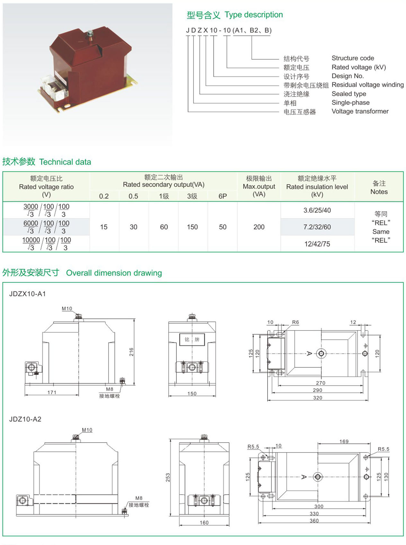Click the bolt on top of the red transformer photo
click(x=90, y=34)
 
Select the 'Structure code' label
click(x=353, y=58)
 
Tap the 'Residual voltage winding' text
click(x=367, y=85)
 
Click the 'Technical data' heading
click(x=65, y=162)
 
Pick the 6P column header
click(x=223, y=196)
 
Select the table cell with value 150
click(x=192, y=227)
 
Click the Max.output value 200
click(x=259, y=227)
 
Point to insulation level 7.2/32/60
click(x=317, y=227)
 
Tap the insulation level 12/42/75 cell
click(x=317, y=244)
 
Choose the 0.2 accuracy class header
click(x=104, y=196)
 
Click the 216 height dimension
click(x=131, y=352)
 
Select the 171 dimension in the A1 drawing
click(x=52, y=392)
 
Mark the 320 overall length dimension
click(x=318, y=398)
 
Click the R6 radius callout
click(x=296, y=322)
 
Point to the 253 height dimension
click(x=168, y=478)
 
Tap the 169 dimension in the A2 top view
click(x=344, y=441)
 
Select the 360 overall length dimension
click(x=314, y=521)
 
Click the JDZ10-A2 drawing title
click(x=25, y=419)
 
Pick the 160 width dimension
click(x=204, y=523)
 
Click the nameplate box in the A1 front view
click(x=192, y=339)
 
